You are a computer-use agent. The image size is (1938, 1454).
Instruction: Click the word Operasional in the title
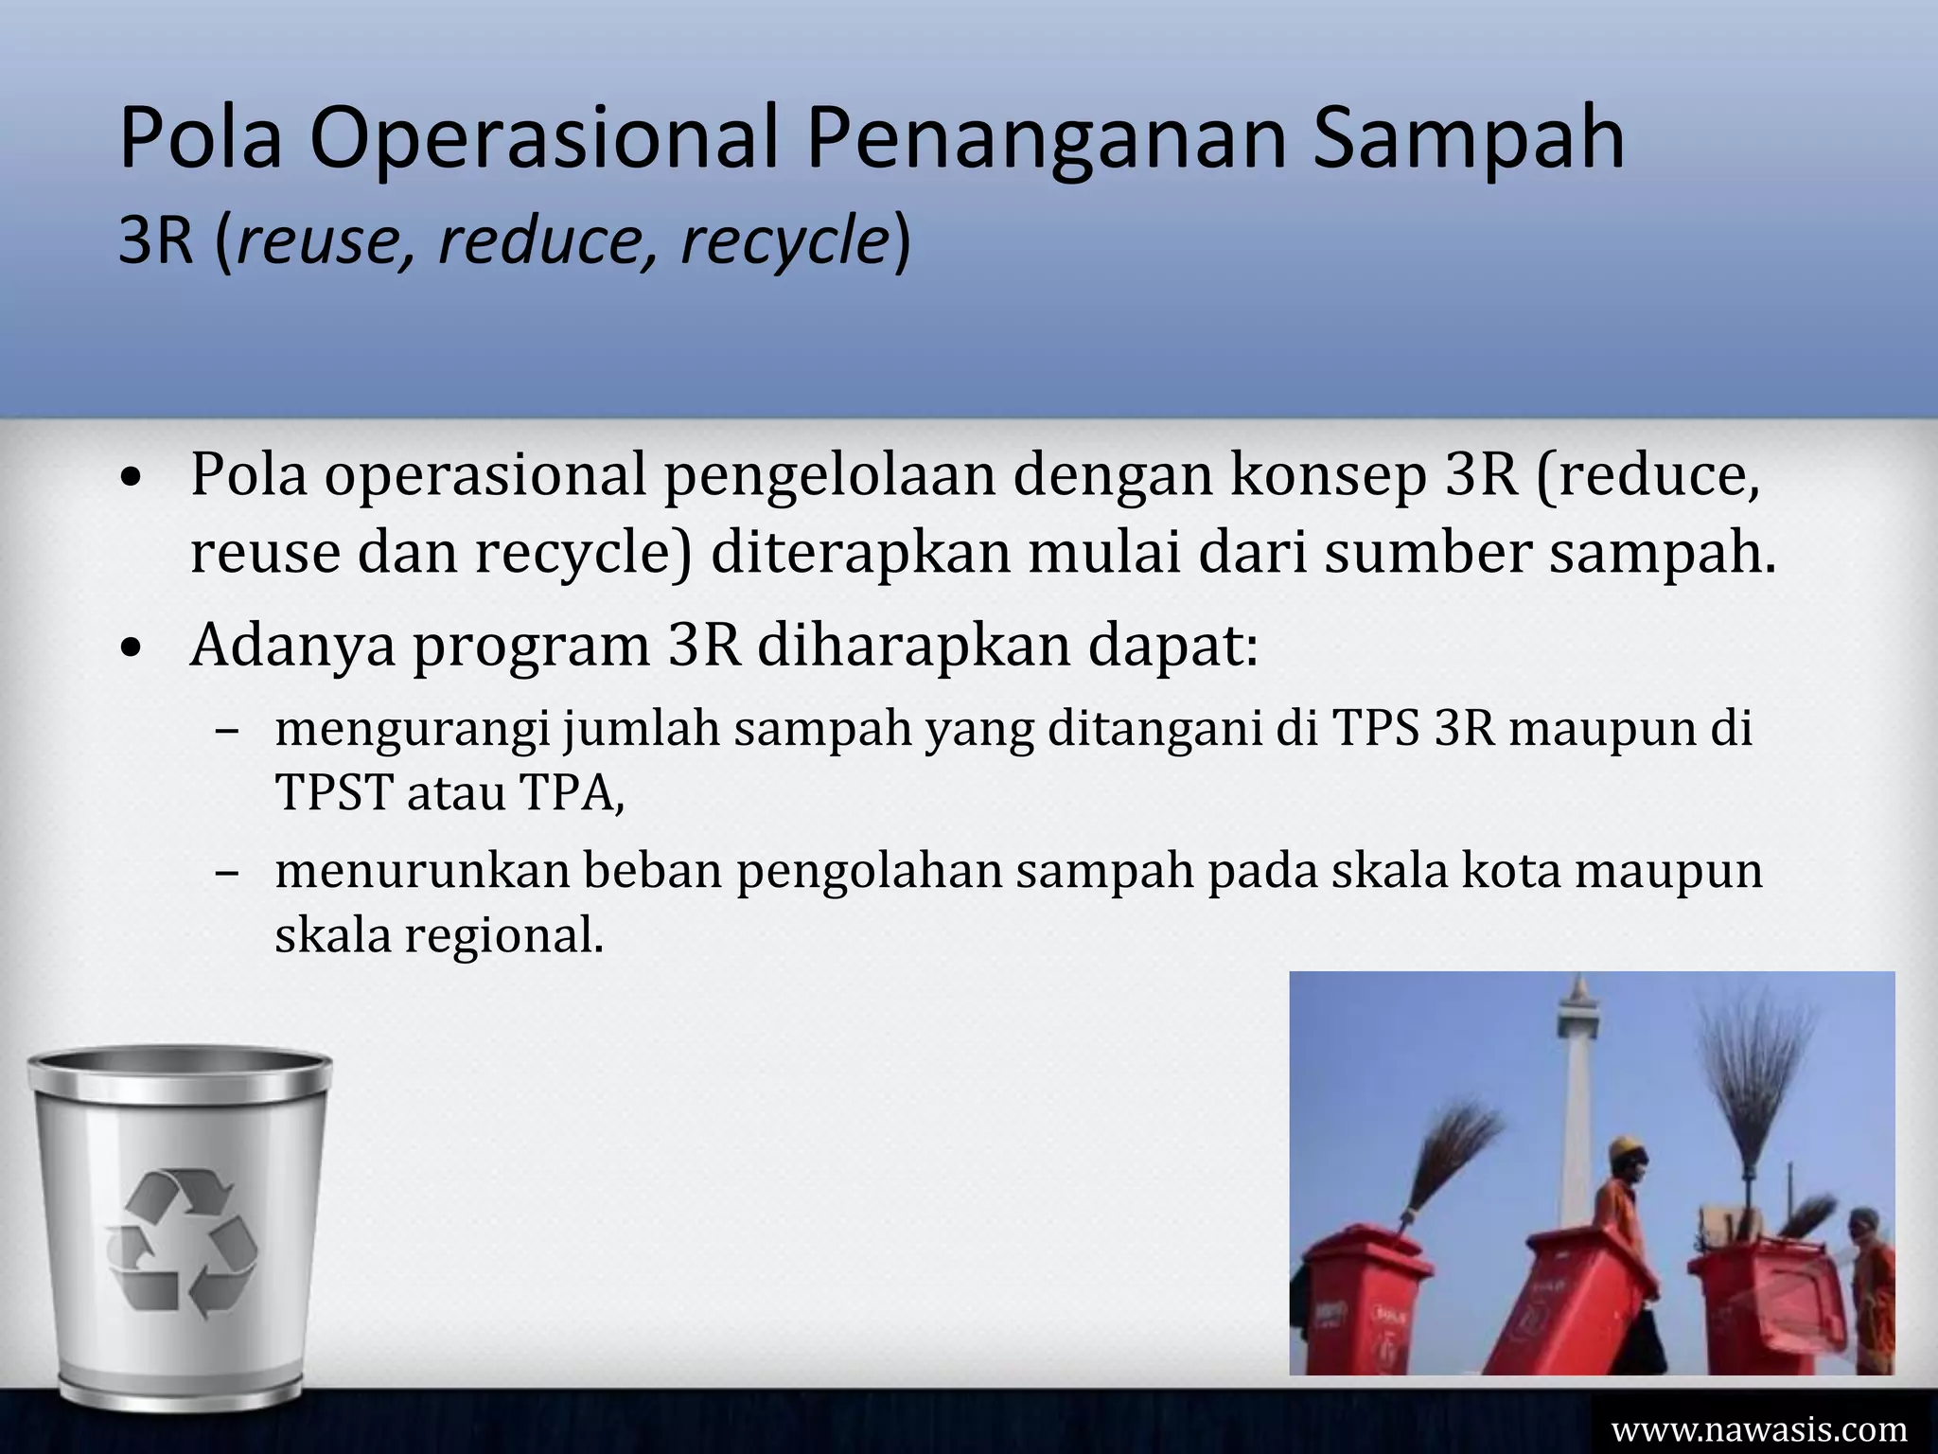tap(553, 139)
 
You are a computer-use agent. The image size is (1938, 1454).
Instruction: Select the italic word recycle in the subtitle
tap(783, 240)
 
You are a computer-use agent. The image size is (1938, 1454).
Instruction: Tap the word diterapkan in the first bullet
tap(861, 554)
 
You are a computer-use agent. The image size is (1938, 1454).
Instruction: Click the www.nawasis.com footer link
tap(1758, 1428)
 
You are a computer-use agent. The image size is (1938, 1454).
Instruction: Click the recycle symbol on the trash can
tap(181, 1241)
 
